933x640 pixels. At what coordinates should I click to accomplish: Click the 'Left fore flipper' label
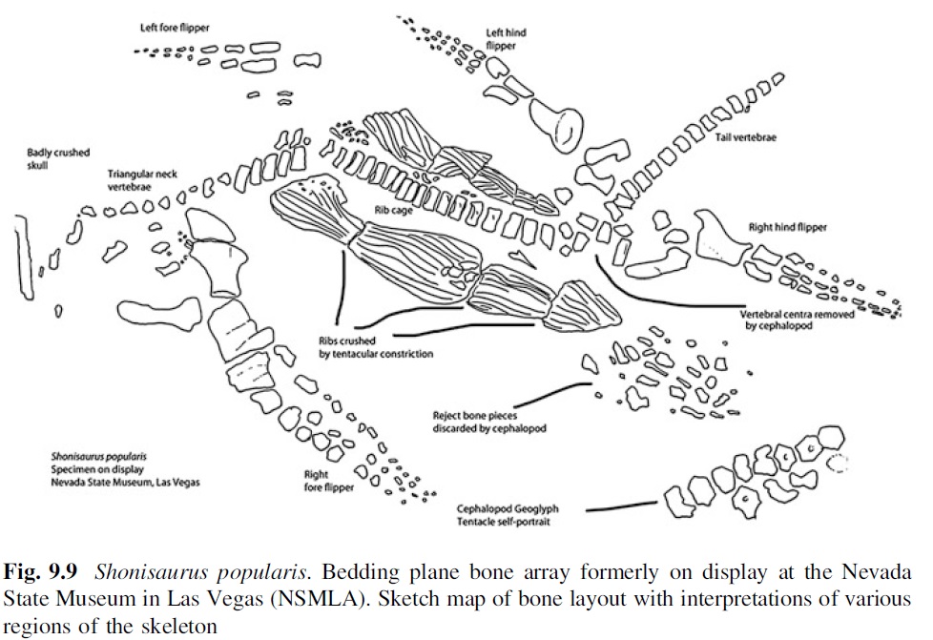point(175,27)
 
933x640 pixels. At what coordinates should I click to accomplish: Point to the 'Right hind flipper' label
point(789,228)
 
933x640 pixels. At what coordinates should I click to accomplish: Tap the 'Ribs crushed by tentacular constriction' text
point(376,347)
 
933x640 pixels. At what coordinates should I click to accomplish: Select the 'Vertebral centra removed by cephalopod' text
point(796,320)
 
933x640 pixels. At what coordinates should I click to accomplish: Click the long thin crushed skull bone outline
point(20,258)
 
